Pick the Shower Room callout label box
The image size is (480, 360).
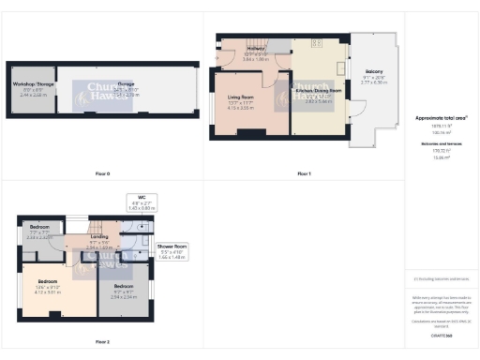pos(173,251)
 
